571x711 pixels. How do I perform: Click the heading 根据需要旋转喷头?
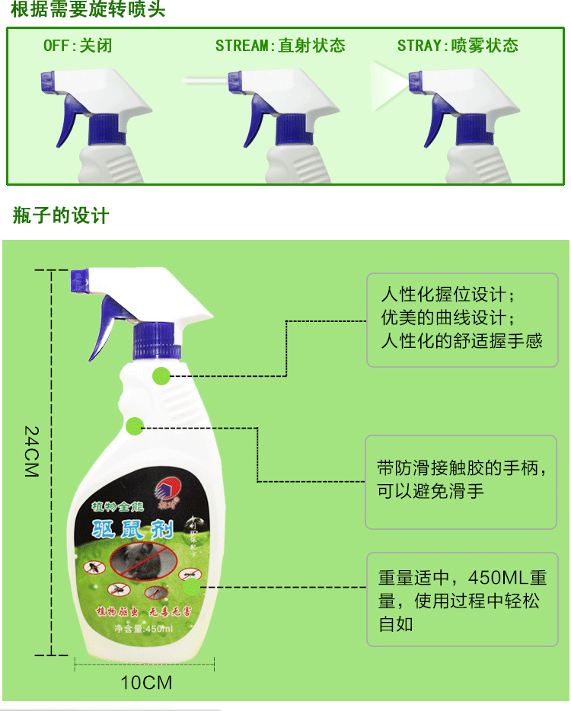point(88,11)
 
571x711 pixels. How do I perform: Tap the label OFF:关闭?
point(78,46)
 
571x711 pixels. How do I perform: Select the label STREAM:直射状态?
point(279,46)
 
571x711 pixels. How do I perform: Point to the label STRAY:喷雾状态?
point(457,46)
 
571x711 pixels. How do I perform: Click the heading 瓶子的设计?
point(61,216)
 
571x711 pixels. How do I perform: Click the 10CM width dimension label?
point(146,682)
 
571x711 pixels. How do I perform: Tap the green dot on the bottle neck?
point(161,376)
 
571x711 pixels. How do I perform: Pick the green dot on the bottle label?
point(190,586)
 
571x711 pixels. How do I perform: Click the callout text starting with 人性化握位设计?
point(461,317)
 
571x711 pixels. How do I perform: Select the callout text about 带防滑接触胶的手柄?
point(461,479)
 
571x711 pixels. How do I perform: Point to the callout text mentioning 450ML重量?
point(461,601)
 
